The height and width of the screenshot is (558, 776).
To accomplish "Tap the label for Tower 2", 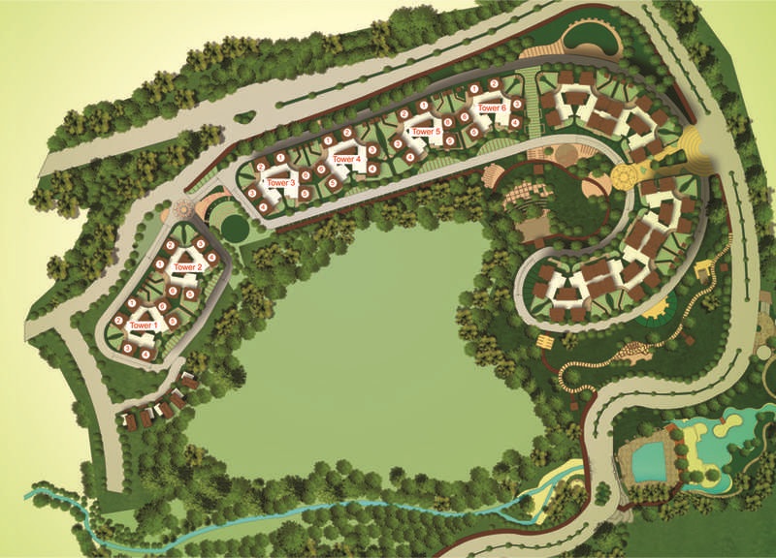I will (x=187, y=266).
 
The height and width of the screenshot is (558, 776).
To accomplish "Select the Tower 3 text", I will (x=280, y=182).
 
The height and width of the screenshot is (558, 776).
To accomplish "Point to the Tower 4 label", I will (x=346, y=158).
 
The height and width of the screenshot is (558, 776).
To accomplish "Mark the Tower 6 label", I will (x=493, y=108).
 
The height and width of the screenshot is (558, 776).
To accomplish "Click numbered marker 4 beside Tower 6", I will (x=515, y=121).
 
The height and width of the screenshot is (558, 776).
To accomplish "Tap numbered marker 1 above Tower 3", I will (x=280, y=157).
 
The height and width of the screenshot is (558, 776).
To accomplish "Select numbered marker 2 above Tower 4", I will (x=347, y=133).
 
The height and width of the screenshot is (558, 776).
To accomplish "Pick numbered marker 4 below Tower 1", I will (x=145, y=354).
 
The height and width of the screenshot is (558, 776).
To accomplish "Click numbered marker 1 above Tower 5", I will (x=424, y=105).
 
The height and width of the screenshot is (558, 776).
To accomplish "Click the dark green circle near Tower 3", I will (x=234, y=227).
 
